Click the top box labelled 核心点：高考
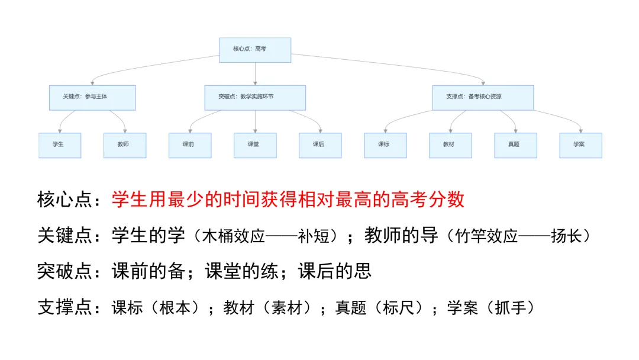(255, 50)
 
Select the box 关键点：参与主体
(92, 98)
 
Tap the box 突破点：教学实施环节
(255, 98)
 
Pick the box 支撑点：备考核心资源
(483, 98)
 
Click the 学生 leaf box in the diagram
(60, 145)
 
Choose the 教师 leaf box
(125, 145)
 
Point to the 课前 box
(190, 145)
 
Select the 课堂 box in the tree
(255, 145)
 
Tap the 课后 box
(320, 145)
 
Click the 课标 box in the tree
(386, 145)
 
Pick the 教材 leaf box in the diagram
(451, 145)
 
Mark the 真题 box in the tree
(515, 145)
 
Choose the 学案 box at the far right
(581, 145)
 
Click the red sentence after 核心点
(288, 200)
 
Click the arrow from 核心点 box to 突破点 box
(255, 74)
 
